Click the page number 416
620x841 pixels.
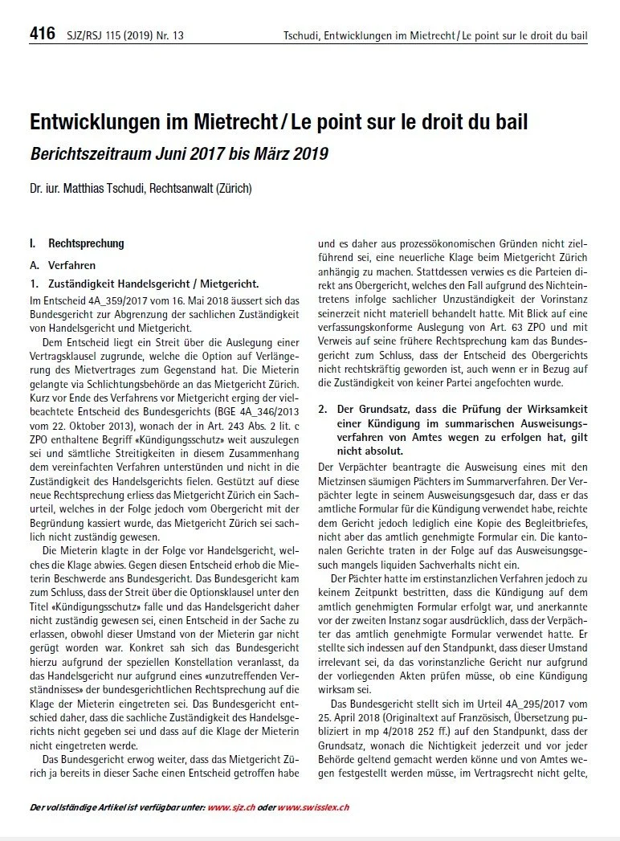(42, 34)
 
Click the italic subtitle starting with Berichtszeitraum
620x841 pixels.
(178, 153)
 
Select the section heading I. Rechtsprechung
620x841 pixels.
(76, 243)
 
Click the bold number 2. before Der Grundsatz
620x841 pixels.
(323, 409)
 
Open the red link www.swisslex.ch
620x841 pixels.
(313, 807)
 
